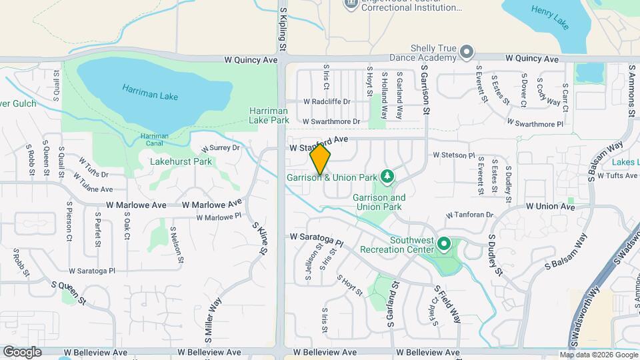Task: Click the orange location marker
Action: coord(320,159)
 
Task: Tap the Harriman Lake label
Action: coord(150,91)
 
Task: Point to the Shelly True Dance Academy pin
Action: coord(467,51)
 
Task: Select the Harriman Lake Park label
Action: coord(269,115)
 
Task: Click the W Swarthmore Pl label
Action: coord(535,123)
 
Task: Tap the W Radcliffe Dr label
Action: coord(327,102)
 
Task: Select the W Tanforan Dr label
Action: coord(469,215)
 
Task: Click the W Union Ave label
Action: coord(549,207)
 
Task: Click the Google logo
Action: coord(22,351)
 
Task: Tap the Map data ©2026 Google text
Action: coord(598,355)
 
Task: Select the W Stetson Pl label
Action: coord(453,155)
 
